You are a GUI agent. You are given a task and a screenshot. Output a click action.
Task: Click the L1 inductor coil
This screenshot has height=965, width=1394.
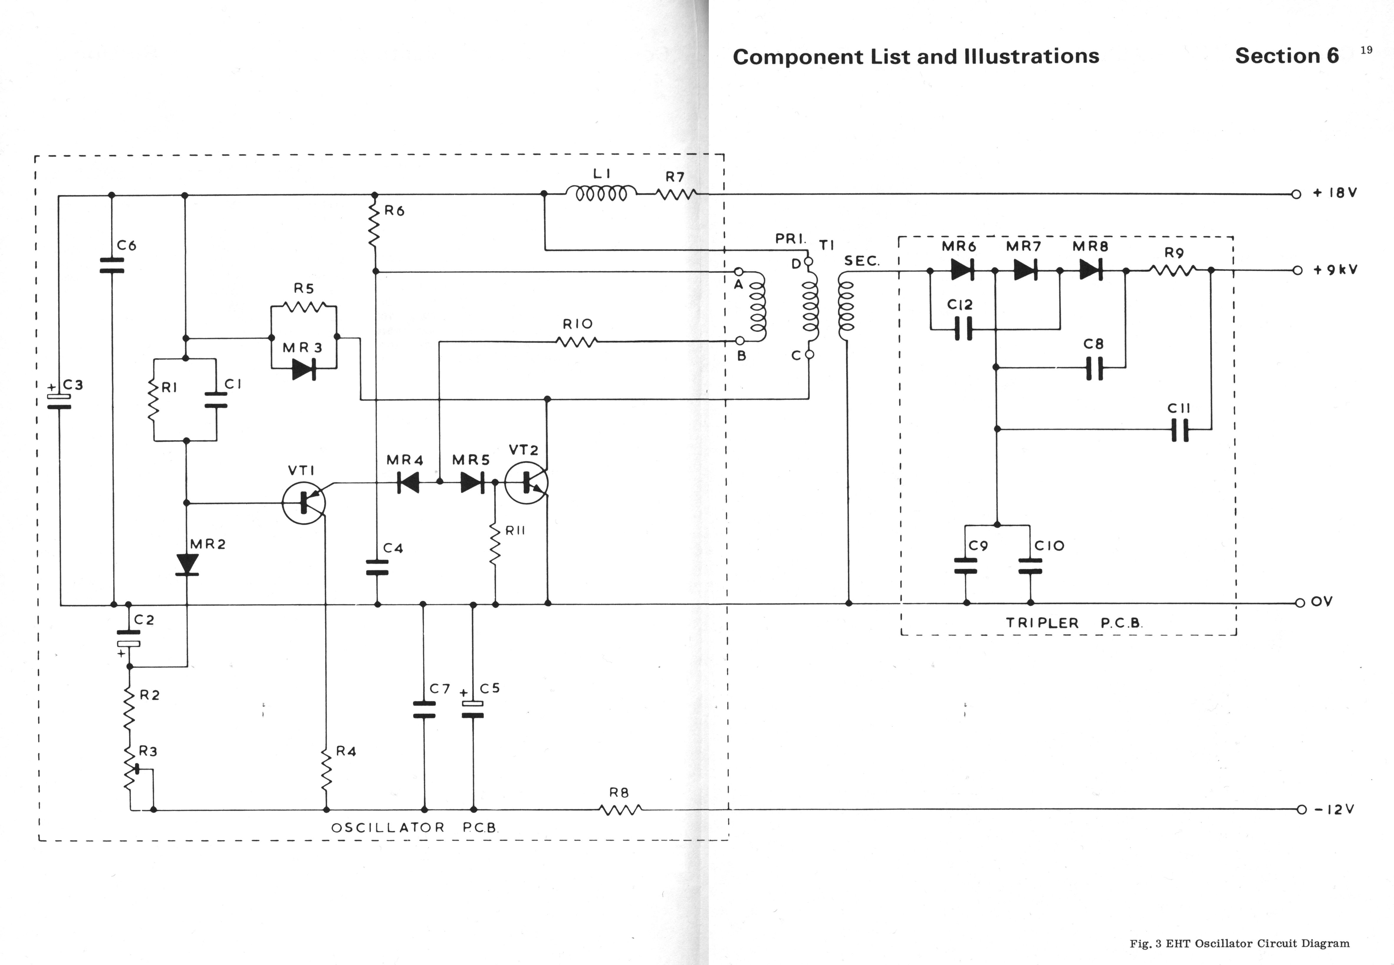click(x=601, y=193)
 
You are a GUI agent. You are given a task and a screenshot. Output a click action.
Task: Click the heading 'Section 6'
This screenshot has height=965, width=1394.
click(x=1286, y=56)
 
